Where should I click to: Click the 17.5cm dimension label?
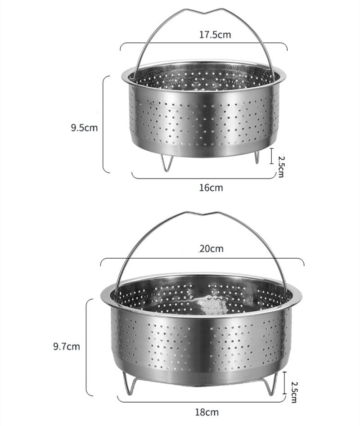click(x=215, y=35)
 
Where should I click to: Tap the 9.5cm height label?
click(x=84, y=127)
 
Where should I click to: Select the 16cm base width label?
click(x=211, y=188)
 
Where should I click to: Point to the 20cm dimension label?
click(x=211, y=249)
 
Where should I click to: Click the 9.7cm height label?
click(x=67, y=346)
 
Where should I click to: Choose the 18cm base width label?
click(x=207, y=412)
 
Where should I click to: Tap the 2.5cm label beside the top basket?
click(x=281, y=166)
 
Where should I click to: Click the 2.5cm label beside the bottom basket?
click(x=293, y=392)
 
